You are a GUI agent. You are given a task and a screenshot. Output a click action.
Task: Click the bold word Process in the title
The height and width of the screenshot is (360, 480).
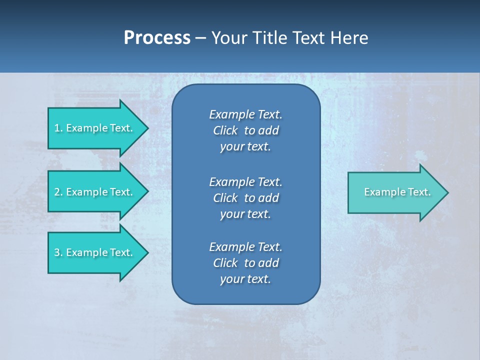pyautogui.click(x=157, y=38)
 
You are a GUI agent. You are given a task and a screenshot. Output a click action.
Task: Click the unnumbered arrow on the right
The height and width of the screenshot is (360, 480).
pyautogui.click(x=395, y=192)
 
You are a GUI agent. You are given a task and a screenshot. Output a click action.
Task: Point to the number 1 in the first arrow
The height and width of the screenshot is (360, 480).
pyautogui.click(x=57, y=128)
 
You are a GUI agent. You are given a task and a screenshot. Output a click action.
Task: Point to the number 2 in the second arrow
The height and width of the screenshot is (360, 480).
pyautogui.click(x=57, y=192)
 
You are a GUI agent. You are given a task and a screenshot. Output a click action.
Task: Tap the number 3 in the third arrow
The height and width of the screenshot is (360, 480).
pyautogui.click(x=57, y=252)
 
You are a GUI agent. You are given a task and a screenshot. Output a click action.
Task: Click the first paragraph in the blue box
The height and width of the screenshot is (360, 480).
pyautogui.click(x=245, y=130)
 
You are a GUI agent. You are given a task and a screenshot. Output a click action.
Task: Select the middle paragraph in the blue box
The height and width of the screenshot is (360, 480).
pyautogui.click(x=245, y=198)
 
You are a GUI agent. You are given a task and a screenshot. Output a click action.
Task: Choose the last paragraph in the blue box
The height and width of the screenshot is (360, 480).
pyautogui.click(x=245, y=263)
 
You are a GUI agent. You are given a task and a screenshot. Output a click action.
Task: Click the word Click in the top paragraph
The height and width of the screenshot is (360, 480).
pyautogui.click(x=225, y=130)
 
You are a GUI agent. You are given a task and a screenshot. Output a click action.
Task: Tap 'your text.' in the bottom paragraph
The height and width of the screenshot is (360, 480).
pyautogui.click(x=245, y=279)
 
